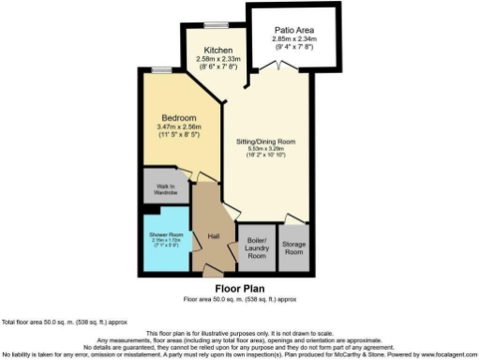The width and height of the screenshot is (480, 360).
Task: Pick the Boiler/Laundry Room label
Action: click(256, 248)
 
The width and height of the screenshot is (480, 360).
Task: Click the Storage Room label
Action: click(293, 248)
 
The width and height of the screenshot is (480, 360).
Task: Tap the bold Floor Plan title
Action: click(239, 288)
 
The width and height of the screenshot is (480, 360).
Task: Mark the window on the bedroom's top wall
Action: click(163, 69)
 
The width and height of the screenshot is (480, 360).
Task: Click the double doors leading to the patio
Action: click(272, 66)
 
